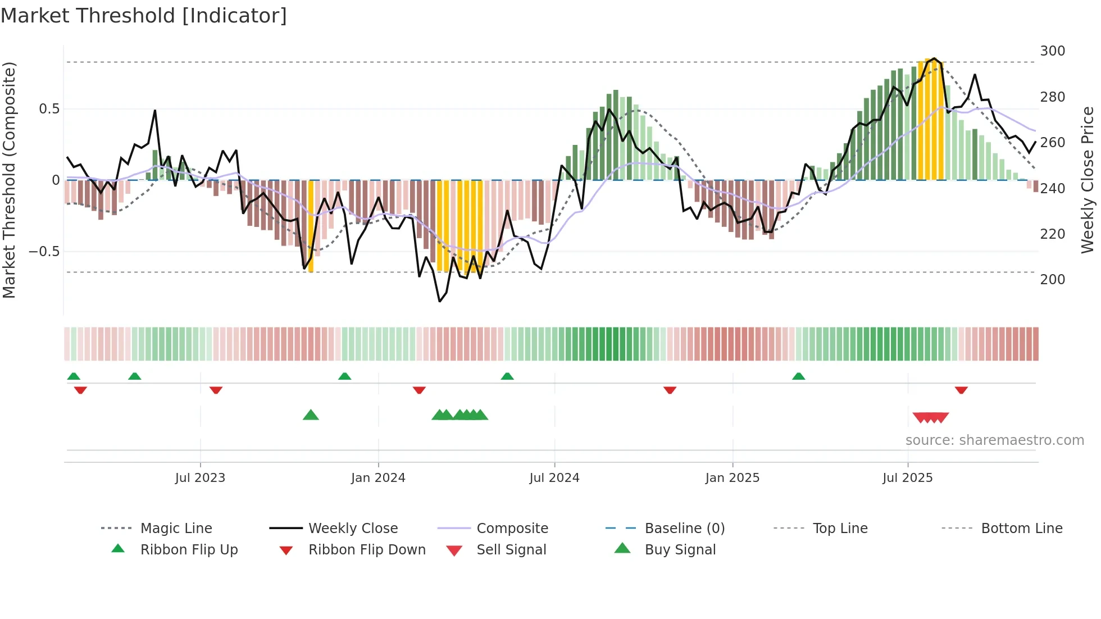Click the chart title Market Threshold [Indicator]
coord(144,16)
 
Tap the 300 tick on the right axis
coord(1052,51)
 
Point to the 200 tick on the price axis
coord(1052,280)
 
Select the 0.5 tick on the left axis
coord(49,109)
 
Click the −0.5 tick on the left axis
coord(44,252)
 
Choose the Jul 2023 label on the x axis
coord(200,478)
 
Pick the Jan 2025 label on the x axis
coord(733,478)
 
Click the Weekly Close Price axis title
coord(1088,180)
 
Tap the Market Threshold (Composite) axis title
coord(9,180)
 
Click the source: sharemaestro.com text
coord(994,440)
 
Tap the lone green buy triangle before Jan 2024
coord(311,416)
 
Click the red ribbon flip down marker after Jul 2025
coord(961,390)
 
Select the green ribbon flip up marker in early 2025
coord(798,376)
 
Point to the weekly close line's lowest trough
coord(440,301)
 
